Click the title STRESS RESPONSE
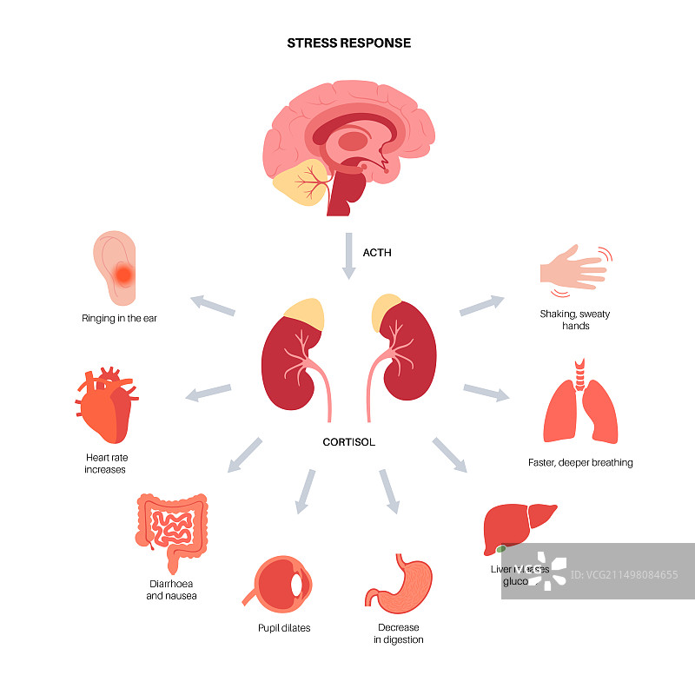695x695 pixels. click(348, 43)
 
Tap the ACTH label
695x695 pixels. click(377, 253)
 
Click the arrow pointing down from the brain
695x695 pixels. click(348, 255)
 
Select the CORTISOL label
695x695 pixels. click(348, 442)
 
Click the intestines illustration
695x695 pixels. click(171, 526)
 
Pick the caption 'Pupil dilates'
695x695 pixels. click(284, 628)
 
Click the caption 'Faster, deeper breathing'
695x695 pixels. click(580, 463)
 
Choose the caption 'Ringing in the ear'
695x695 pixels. click(120, 318)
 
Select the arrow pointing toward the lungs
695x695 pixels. click(486, 392)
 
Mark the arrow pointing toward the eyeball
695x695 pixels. click(304, 490)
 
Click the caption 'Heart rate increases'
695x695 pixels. click(105, 463)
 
